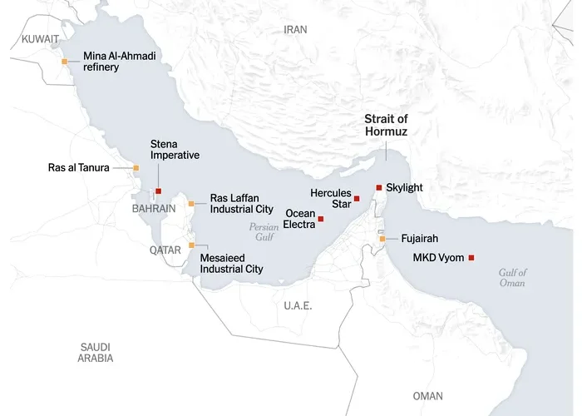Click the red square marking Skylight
coord(378,187)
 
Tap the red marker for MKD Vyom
coord(471,257)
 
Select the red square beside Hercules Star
coord(357,198)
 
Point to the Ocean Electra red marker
coord(321,219)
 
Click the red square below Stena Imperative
coord(158,191)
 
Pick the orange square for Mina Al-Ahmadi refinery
coord(65,61)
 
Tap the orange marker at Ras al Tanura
coord(136,168)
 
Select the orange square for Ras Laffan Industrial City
coord(191,203)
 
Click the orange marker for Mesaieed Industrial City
coord(191,245)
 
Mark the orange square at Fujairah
coord(382,239)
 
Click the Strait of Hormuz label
coord(386,126)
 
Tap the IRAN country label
coord(295,29)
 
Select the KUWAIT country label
coord(41,39)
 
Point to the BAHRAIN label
coord(154,209)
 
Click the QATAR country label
coord(165,250)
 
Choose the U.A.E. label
coord(298,306)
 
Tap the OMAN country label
coord(428,396)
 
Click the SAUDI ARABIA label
coord(96,352)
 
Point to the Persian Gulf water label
coord(264,231)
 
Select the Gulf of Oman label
coord(513,278)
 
